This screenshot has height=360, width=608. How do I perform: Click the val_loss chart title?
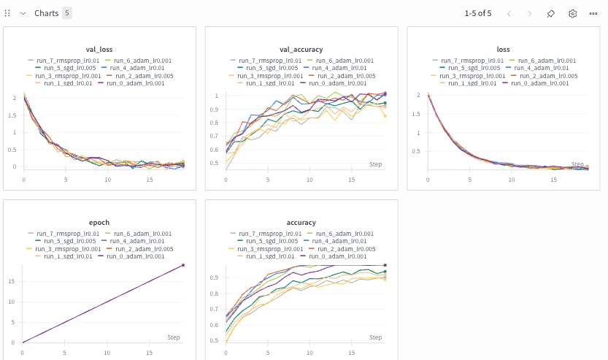(99, 49)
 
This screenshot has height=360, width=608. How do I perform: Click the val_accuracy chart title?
(301, 49)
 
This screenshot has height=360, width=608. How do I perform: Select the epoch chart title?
(99, 222)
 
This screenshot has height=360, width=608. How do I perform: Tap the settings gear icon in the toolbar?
(573, 13)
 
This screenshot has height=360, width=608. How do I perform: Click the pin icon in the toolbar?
(551, 13)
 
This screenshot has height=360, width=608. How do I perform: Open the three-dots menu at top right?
(593, 13)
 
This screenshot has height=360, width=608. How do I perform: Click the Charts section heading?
(46, 13)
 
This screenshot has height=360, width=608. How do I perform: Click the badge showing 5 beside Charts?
(67, 13)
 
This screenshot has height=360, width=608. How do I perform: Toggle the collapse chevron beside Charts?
(23, 13)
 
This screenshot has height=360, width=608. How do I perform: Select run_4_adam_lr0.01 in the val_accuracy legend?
(340, 68)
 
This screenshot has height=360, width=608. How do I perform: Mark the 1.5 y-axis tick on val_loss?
(14, 115)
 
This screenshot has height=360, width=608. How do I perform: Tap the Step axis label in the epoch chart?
(173, 337)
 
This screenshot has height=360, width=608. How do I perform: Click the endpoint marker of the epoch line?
(183, 265)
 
